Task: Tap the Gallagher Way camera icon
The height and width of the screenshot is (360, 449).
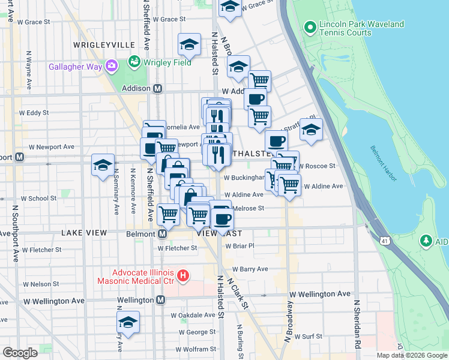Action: pos(111,66)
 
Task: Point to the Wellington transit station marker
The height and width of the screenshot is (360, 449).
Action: pos(160,300)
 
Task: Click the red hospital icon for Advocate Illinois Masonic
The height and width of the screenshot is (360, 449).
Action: pos(184,277)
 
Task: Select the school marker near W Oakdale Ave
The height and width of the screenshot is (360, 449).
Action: pos(128,323)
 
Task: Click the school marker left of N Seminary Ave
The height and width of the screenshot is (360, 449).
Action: pos(103,165)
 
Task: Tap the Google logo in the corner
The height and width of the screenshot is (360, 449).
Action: pos(20,353)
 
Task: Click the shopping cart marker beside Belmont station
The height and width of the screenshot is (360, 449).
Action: pos(169,213)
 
